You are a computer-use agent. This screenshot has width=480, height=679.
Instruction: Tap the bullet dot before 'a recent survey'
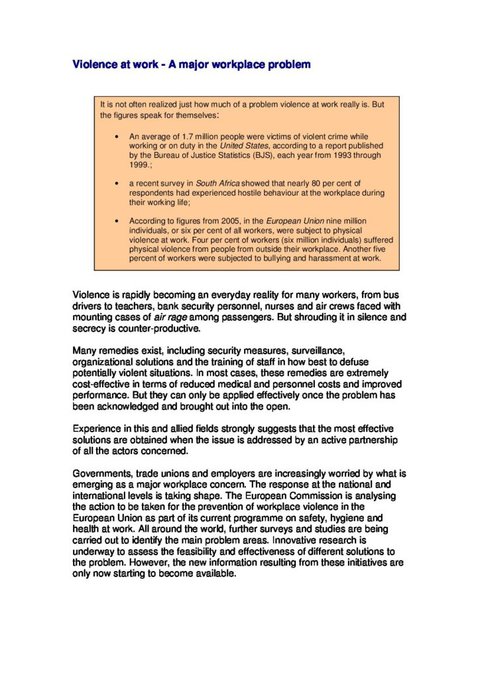point(117,182)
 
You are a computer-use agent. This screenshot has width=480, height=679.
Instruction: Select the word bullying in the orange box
point(273,258)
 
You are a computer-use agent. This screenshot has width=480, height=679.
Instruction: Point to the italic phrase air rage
point(170,317)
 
